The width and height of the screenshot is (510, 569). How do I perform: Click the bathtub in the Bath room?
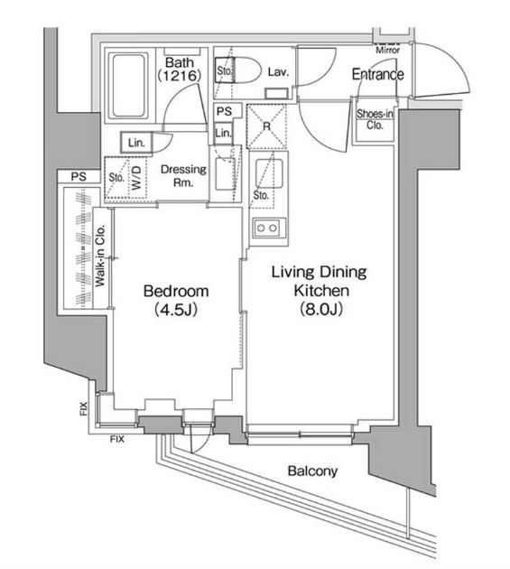click(130, 86)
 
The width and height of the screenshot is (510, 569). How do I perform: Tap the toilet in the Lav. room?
click(238, 70)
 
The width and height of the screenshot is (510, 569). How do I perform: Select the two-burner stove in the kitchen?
click(269, 228)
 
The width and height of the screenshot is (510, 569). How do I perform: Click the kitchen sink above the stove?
click(269, 173)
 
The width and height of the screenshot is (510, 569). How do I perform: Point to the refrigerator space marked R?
click(266, 126)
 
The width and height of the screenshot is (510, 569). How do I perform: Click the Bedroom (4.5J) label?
click(176, 301)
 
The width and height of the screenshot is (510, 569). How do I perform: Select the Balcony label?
click(312, 471)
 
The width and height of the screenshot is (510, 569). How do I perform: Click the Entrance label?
click(377, 74)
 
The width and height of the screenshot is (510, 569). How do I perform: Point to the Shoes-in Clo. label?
click(375, 119)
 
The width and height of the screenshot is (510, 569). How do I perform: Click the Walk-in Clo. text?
click(100, 256)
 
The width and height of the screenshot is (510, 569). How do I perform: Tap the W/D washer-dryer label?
click(136, 177)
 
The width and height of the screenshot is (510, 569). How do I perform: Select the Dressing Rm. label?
click(183, 175)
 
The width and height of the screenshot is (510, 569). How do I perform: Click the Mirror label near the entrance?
click(387, 50)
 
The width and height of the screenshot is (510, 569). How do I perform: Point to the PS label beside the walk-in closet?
click(79, 177)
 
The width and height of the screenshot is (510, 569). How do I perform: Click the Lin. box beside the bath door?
click(136, 143)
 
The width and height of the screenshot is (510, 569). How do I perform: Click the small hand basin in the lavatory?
click(276, 93)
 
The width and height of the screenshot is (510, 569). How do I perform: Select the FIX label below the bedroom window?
click(117, 440)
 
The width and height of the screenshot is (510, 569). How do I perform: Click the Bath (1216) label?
click(179, 69)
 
